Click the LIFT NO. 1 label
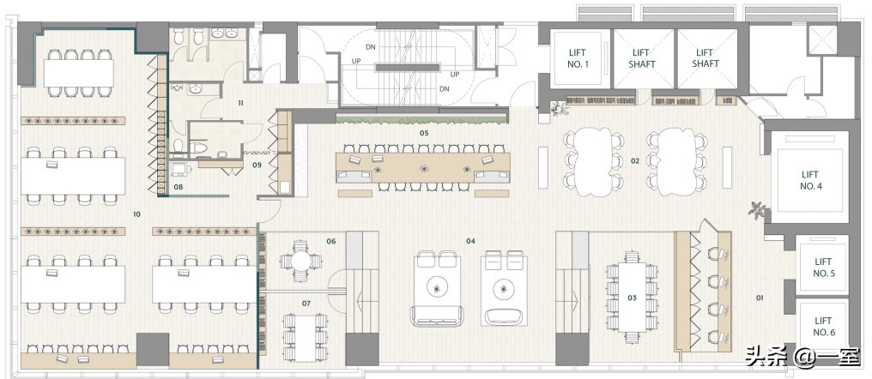(x=578, y=58)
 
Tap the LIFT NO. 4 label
(x=811, y=181)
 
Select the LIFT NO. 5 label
(x=823, y=268)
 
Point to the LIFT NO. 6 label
(x=823, y=326)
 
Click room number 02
(x=635, y=161)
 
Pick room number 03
(x=632, y=298)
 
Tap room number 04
(x=470, y=241)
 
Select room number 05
(x=424, y=133)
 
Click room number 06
(x=331, y=241)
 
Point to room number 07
(x=306, y=304)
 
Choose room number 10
(x=136, y=214)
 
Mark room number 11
(x=241, y=103)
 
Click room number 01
(x=760, y=298)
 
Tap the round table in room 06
(x=300, y=261)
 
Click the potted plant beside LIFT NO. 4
(x=757, y=210)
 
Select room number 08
(x=178, y=187)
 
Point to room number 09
(x=257, y=165)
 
